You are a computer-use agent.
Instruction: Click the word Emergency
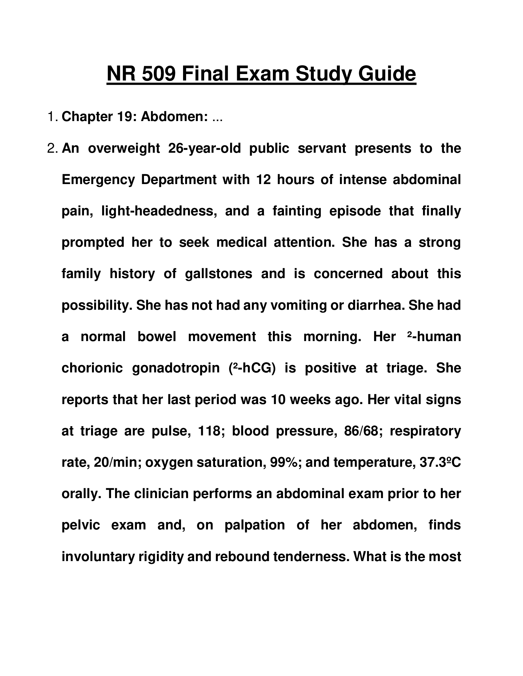point(98,179)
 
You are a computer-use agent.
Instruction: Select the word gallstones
point(218,274)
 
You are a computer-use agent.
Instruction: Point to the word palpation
point(254,525)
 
